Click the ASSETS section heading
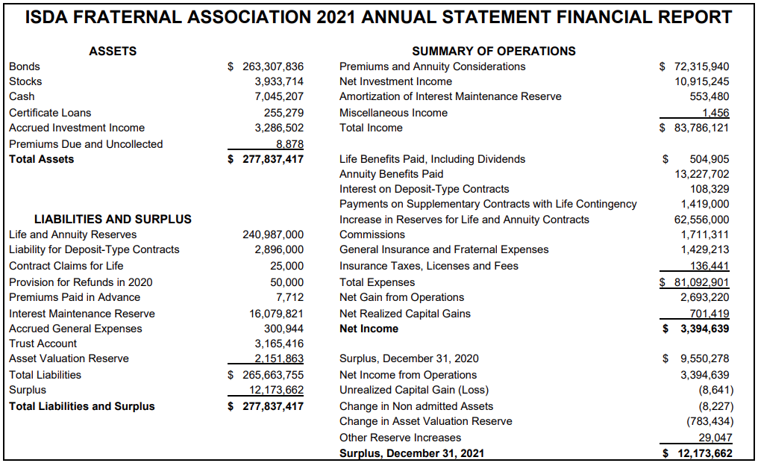(113, 51)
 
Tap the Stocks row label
(25, 81)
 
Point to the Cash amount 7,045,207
(279, 96)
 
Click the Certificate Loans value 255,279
(284, 113)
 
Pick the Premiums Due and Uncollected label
(86, 144)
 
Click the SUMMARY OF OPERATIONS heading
(494, 51)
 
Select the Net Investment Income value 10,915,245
(702, 81)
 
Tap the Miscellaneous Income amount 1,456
(715, 113)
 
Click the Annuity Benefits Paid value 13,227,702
(702, 174)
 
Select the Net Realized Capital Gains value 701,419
(710, 314)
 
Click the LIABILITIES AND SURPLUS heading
(113, 219)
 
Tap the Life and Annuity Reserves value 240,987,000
(273, 234)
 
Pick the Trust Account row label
(43, 344)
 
